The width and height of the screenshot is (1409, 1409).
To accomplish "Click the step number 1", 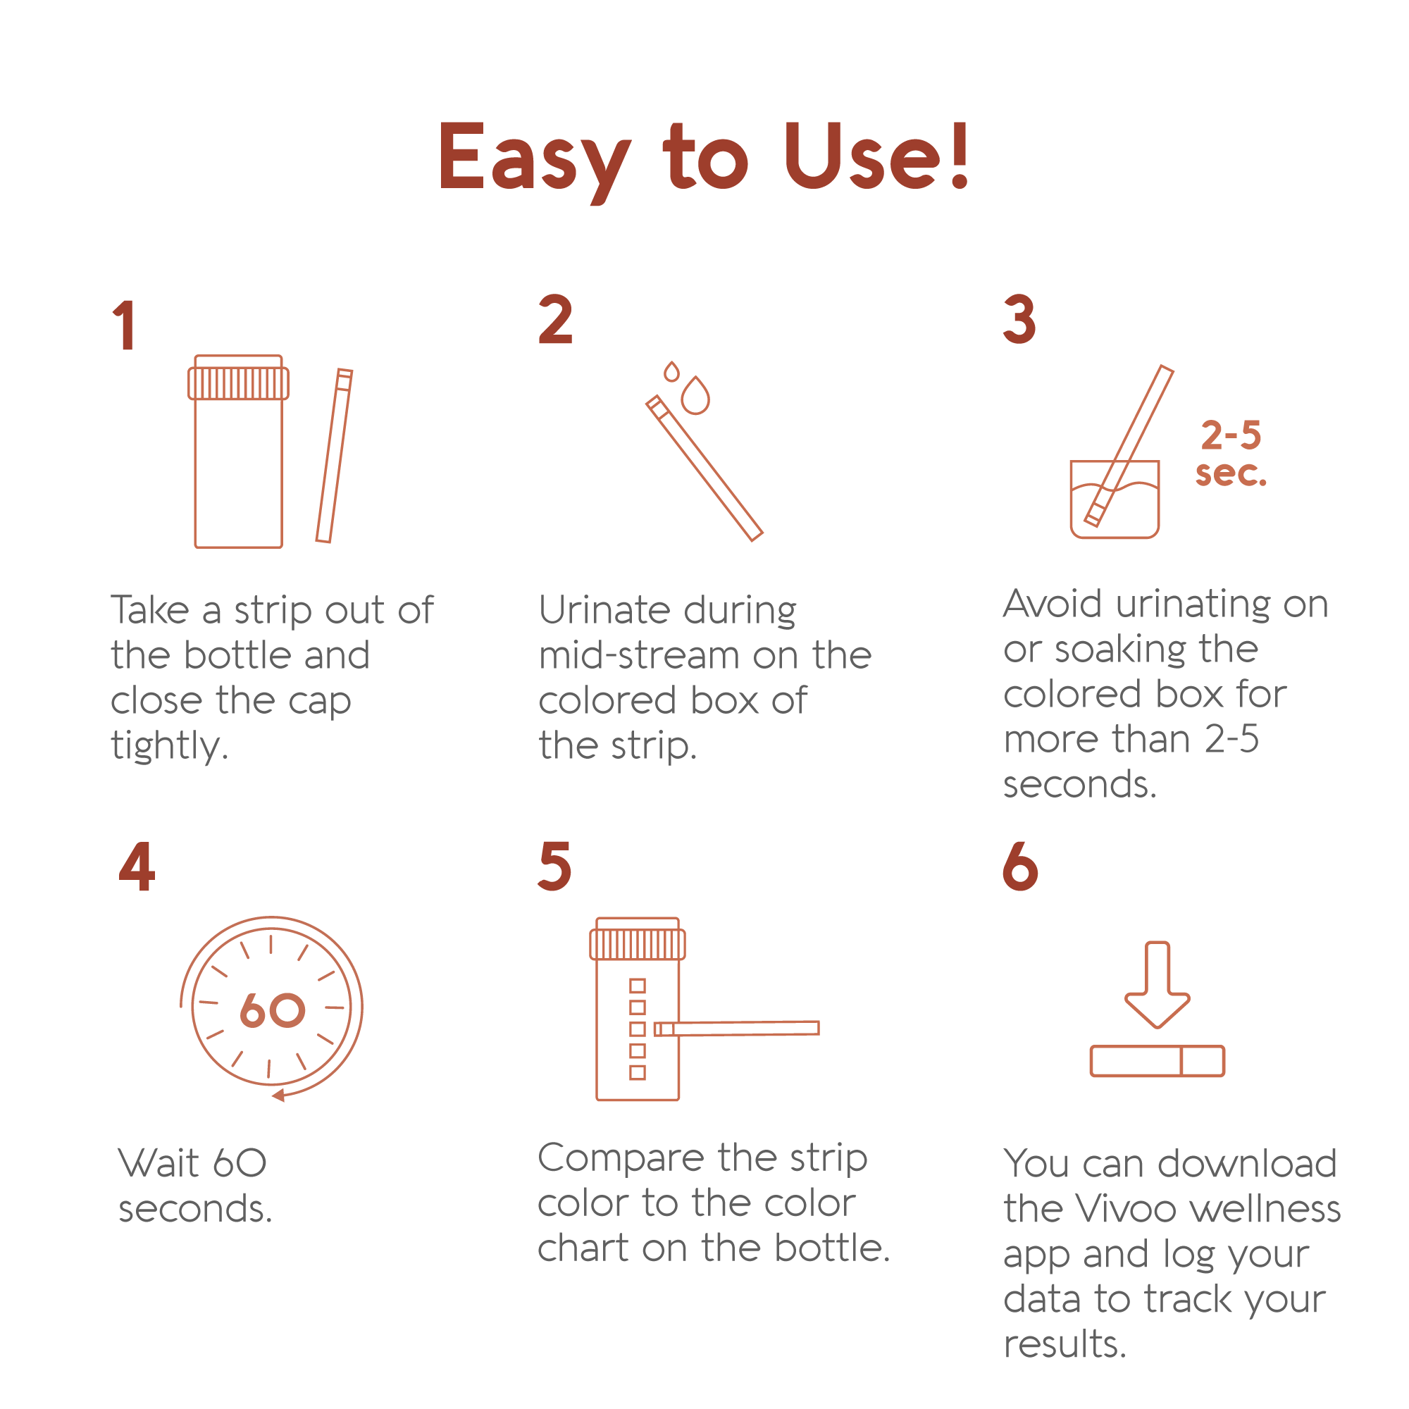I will click(125, 325).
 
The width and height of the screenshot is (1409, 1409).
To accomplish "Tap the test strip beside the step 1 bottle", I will click(334, 456).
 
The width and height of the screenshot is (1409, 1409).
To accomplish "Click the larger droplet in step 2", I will click(695, 396).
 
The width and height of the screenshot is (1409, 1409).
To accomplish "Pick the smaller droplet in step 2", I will click(671, 372).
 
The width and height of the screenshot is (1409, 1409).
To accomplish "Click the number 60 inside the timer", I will click(272, 1011).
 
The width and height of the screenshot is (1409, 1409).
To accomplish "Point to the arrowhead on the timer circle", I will click(278, 1095).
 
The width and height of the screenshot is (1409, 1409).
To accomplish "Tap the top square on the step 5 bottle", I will click(638, 986).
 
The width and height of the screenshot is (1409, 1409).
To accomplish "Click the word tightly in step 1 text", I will click(169, 747).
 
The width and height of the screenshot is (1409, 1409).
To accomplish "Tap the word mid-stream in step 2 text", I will click(640, 656).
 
